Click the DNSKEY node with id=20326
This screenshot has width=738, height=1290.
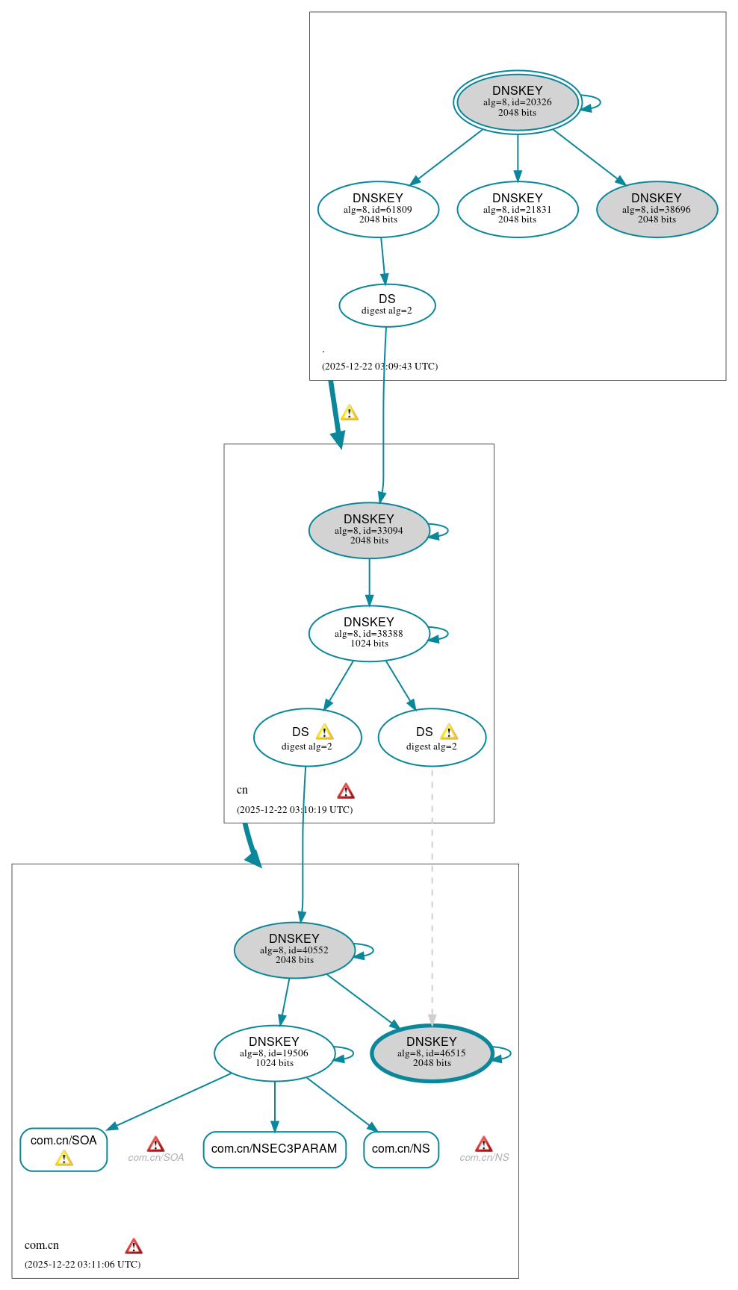517,102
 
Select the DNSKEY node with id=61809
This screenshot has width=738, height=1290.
378,210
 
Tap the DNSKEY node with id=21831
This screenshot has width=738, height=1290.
517,210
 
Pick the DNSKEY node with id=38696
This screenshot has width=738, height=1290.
657,210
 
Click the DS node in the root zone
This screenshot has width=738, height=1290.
387,305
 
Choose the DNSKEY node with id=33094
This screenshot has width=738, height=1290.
369,531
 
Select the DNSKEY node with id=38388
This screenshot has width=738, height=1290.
369,634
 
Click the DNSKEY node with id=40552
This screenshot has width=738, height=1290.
294,950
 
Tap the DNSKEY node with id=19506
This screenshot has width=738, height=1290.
274,1053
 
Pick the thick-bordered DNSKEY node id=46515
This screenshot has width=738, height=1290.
432,1053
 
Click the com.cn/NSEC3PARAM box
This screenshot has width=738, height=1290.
274,1149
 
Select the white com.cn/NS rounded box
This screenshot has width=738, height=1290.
401,1149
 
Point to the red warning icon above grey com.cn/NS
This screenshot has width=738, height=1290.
484,1144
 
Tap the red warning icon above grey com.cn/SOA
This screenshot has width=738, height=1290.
155,1144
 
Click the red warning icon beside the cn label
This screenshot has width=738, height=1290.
346,791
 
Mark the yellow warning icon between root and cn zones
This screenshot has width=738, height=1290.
350,413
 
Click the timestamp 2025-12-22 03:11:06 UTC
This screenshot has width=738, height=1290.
82,1264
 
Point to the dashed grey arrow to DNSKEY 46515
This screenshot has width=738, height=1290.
432,896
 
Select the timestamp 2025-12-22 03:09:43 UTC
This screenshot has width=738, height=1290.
379,367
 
